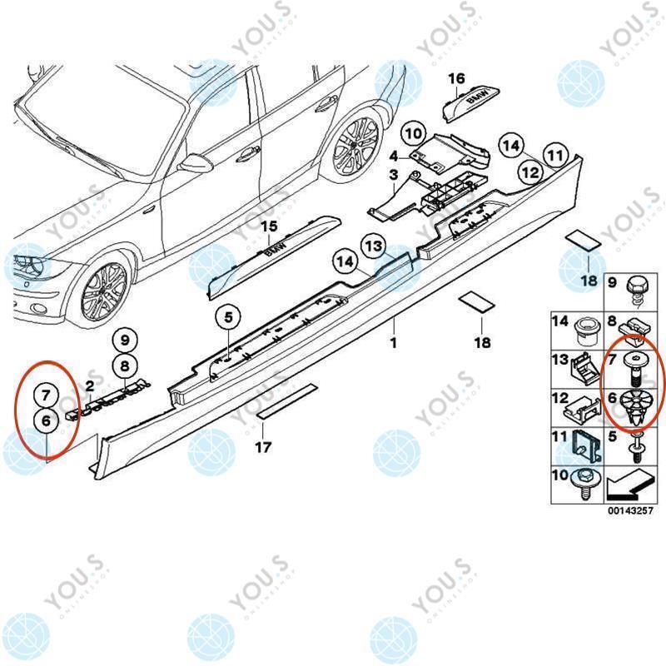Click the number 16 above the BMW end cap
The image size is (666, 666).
pos(455,79)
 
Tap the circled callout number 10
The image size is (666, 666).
pos(414,133)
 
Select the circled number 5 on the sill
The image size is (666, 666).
pos(228,316)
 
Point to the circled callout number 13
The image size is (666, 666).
pos(374,245)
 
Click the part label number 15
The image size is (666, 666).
pos(268,226)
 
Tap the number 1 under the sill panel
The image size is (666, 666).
pos(394,342)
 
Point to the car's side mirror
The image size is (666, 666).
pos(196,163)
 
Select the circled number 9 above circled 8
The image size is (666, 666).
pos(124,340)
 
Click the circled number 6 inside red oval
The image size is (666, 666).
pos(47,421)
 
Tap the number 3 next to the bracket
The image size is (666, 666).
pos(395,174)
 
